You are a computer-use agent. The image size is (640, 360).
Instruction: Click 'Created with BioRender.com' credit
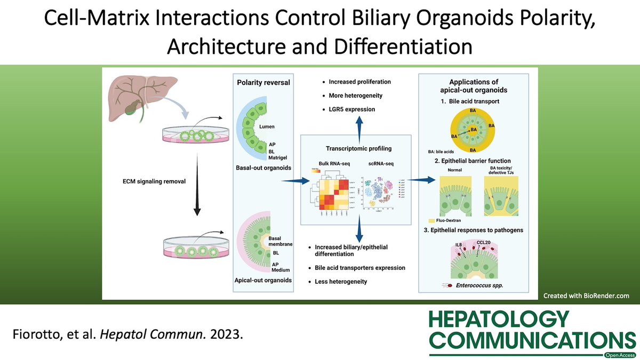586,295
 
